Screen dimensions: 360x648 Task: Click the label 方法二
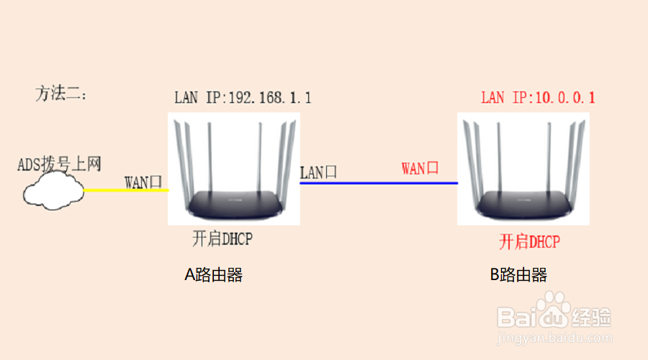tap(61, 94)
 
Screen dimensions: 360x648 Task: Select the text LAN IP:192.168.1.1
tap(243, 97)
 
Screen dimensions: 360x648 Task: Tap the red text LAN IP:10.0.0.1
tap(538, 97)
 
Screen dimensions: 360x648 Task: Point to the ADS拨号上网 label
tap(59, 164)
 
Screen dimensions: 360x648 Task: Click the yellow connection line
tap(126, 190)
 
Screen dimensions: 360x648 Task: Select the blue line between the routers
tap(379, 183)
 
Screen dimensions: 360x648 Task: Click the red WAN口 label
tap(420, 168)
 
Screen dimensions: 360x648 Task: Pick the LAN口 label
tap(318, 172)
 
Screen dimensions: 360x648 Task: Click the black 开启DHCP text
tap(222, 238)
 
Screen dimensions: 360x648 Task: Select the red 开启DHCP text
tap(529, 241)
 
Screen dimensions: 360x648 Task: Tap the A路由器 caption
tap(214, 274)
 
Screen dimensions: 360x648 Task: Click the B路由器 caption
tap(518, 274)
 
